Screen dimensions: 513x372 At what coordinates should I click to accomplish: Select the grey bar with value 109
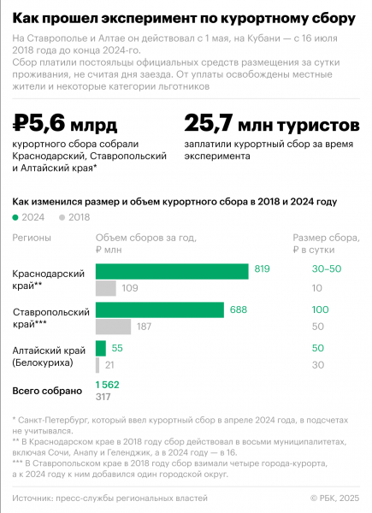point(106,288)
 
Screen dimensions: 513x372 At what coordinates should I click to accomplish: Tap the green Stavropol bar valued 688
point(160,310)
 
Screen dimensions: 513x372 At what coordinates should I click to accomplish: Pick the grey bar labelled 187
point(113,327)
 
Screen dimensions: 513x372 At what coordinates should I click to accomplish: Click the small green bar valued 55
point(101,348)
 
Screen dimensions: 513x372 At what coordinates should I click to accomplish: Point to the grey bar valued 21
point(98,365)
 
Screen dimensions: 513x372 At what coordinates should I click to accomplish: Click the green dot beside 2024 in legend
point(15,218)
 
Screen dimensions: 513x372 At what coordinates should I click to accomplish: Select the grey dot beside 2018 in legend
point(62,218)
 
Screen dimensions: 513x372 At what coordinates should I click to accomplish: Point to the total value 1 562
point(108,385)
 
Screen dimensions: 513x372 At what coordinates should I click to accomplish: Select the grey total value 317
point(103,396)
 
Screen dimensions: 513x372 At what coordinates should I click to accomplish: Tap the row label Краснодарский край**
point(48,280)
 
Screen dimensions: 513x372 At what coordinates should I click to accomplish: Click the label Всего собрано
point(47,390)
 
